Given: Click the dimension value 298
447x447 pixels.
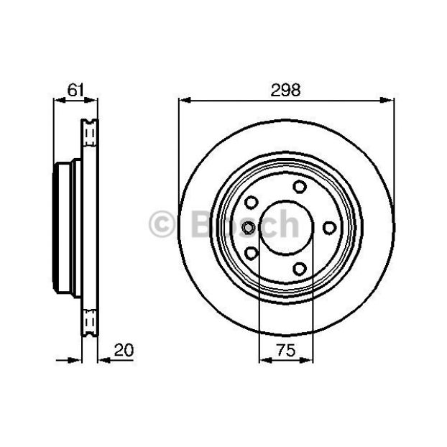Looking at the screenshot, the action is [285, 90].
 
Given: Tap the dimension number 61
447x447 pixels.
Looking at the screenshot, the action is [76, 90].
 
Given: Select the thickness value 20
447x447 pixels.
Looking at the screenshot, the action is [124, 350].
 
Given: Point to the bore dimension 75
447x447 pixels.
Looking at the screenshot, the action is [286, 350].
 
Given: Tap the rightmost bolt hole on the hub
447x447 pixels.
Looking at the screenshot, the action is [329, 228].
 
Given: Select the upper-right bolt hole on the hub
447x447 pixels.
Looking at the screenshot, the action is [300, 187].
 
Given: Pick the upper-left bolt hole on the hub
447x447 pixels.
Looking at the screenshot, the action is [251, 203].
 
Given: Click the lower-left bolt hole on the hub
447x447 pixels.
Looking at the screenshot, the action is [251, 253].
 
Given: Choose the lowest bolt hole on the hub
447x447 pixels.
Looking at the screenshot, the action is [300, 269].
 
